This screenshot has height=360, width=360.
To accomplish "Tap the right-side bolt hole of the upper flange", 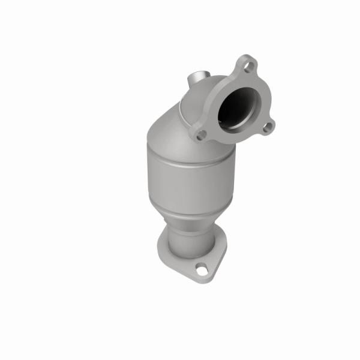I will point(266,125).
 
